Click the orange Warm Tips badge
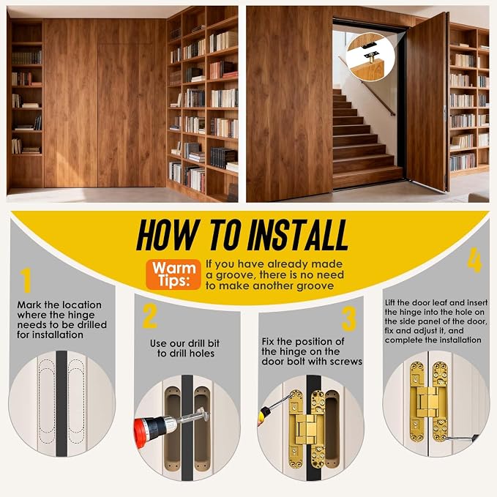click(173, 274)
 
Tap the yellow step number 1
click(26, 280)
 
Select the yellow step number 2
click(149, 315)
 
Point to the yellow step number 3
click(349, 319)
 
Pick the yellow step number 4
click(475, 261)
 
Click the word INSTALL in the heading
click(297, 235)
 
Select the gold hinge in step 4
click(428, 402)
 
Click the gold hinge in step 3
click(307, 429)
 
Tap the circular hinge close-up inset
click(370, 57)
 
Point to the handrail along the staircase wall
click(367, 86)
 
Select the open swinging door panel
click(427, 102)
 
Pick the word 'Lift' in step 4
click(390, 303)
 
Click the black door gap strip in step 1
click(61, 403)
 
